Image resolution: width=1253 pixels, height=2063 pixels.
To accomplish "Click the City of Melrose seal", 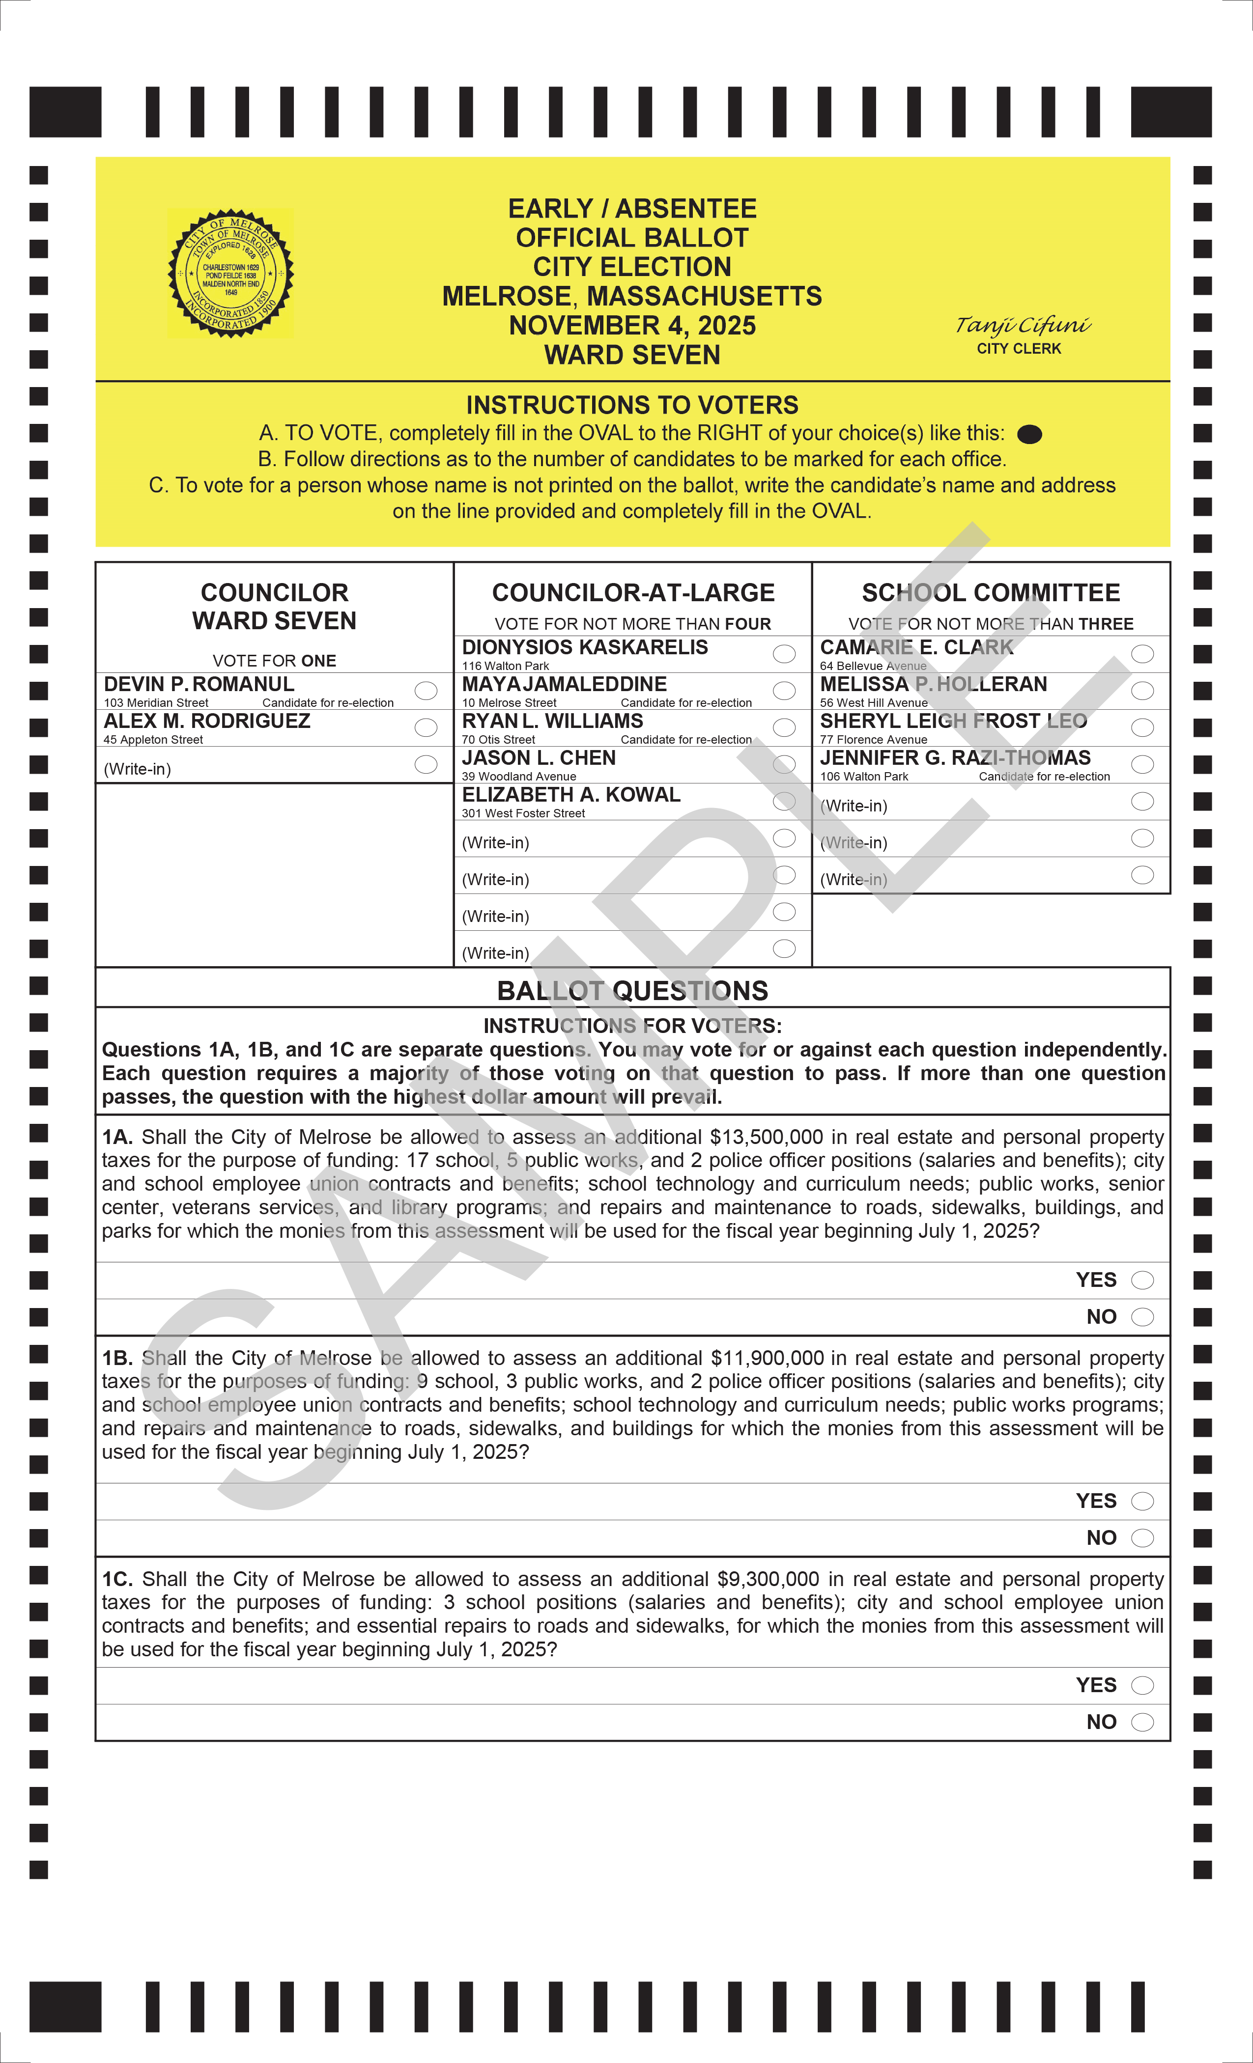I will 230,273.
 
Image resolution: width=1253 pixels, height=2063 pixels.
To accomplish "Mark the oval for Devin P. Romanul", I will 426,691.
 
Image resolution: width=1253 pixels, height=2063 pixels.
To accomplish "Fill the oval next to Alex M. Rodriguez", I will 426,727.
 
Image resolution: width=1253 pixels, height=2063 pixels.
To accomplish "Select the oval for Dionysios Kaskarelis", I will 784,654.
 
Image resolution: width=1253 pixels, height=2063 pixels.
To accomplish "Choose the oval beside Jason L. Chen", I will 784,764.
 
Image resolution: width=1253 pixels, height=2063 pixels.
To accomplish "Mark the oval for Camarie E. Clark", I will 1142,654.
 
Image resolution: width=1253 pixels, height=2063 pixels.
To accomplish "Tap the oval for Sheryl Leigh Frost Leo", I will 1142,727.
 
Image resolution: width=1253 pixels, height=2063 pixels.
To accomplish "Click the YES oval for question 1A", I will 1142,1280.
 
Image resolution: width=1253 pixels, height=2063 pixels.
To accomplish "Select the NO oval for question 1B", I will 1142,1538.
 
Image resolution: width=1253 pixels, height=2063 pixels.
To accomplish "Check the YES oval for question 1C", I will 1142,1685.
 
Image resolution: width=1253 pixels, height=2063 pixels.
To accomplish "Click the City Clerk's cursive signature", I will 1023,325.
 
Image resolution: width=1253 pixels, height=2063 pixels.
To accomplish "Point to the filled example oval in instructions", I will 1029,434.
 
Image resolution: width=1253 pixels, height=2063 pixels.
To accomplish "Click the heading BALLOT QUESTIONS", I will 632,990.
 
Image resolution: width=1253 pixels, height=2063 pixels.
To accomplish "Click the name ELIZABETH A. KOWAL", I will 571,795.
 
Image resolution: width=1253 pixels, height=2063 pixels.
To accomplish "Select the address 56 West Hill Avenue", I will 874,702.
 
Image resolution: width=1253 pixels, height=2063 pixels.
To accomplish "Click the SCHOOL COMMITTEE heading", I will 991,593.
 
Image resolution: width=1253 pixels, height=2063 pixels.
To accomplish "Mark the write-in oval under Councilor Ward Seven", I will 426,764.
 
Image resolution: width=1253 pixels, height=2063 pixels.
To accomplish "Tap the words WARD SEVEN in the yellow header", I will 632,355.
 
